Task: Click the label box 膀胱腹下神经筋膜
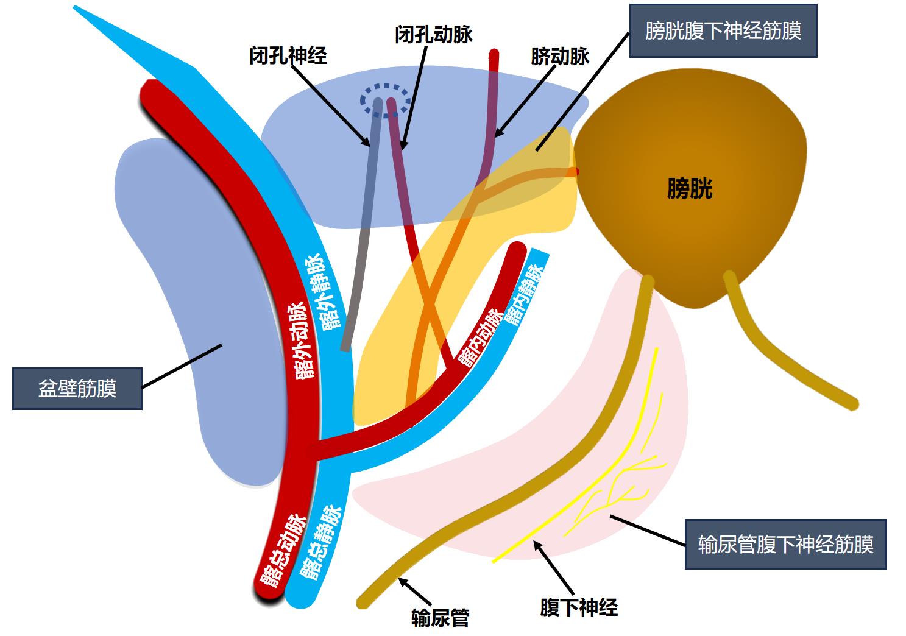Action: [723, 30]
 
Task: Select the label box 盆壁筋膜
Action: [77, 388]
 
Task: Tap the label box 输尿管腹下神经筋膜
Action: [785, 543]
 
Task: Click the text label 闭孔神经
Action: [288, 55]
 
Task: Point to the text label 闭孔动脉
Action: [433, 34]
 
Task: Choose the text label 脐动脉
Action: [560, 57]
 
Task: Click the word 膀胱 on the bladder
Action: [690, 189]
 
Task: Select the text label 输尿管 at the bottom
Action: [440, 618]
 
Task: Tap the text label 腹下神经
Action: [579, 607]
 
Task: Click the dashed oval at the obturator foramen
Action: [384, 99]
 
